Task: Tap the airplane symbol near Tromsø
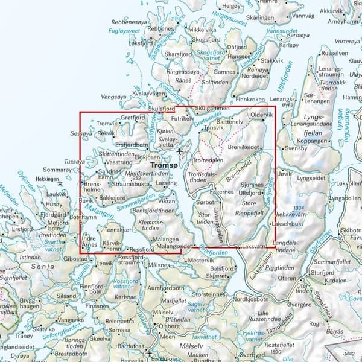[179, 151]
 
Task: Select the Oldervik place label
[261, 114]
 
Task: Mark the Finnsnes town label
[96, 306]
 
